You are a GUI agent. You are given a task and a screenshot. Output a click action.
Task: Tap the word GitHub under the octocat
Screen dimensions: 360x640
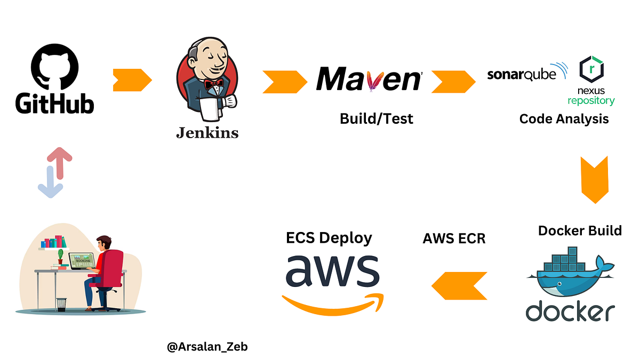coord(54,103)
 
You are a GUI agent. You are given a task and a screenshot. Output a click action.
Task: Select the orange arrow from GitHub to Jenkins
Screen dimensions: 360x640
coord(132,81)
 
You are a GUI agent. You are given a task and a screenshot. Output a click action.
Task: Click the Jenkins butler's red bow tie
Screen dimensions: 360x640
coord(215,83)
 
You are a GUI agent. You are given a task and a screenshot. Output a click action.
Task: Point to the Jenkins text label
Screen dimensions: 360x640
coord(207,133)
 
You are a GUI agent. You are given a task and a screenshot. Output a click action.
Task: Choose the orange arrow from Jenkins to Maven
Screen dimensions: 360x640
coord(284,82)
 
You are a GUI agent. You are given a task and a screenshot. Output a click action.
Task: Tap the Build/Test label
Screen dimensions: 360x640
coord(376,118)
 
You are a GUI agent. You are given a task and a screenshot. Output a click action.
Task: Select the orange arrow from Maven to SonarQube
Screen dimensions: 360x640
coord(453,82)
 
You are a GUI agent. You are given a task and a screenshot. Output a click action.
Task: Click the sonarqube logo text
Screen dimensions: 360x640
coord(521,74)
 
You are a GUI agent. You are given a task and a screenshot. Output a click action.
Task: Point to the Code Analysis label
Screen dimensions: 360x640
coord(564,119)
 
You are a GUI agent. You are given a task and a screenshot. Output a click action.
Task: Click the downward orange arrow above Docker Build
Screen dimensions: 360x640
coord(594,180)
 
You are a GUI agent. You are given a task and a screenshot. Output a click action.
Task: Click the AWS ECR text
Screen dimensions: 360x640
coord(454,238)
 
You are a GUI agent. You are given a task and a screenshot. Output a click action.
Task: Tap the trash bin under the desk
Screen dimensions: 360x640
coord(62,304)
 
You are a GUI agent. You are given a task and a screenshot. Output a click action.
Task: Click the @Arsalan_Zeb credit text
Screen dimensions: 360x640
coord(207,347)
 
